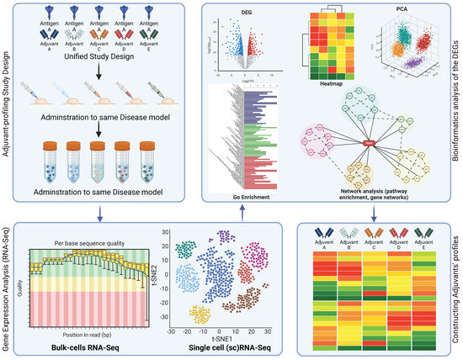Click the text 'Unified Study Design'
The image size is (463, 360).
pyautogui.click(x=105, y=53)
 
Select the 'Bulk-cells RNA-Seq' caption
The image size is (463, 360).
pyautogui.click(x=77, y=349)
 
